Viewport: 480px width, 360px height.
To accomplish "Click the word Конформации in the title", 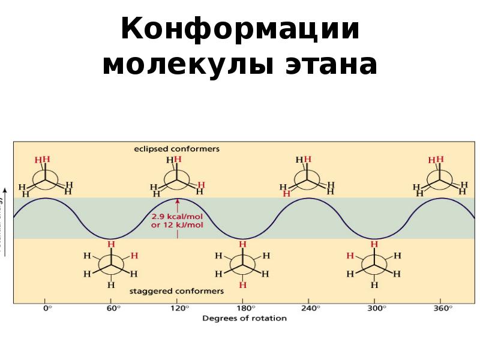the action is tap(240, 30).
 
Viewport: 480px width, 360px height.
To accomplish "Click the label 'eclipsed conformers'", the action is tap(176, 148).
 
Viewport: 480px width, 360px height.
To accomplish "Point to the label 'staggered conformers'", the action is tap(176, 291).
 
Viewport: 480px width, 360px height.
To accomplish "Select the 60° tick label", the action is tap(113, 308).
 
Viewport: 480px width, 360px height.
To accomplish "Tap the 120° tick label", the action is tap(179, 308).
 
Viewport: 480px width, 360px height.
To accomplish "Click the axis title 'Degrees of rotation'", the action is tap(244, 317).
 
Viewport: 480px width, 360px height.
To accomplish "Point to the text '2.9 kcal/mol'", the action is tap(177, 216).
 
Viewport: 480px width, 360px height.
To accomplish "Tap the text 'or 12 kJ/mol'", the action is tap(177, 225).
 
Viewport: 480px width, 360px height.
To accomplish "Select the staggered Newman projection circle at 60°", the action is tap(111, 264).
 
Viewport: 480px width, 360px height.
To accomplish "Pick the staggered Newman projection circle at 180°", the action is tap(242, 264).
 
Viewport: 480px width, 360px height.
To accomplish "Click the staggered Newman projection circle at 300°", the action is tap(374, 264).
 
